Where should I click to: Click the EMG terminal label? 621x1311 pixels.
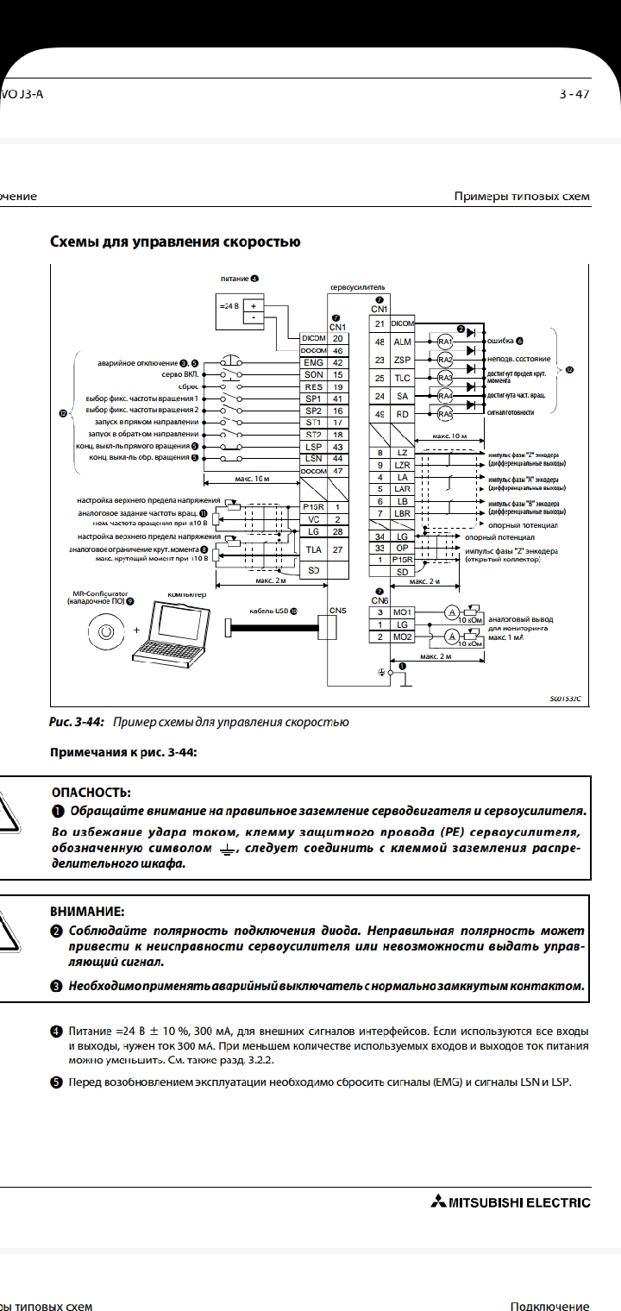tap(313, 363)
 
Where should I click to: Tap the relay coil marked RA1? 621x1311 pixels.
tap(445, 342)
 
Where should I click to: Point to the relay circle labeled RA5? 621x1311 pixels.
tap(445, 414)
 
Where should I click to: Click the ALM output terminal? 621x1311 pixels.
tap(402, 342)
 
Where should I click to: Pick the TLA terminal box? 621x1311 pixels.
tap(313, 549)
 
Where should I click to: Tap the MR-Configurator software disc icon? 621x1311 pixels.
tap(105, 632)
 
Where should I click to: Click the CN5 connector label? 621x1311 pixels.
tap(338, 612)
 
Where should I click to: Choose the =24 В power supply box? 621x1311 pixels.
tap(240, 311)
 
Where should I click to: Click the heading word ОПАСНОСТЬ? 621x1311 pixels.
tap(91, 792)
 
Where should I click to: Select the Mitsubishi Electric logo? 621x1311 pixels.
tap(509, 1202)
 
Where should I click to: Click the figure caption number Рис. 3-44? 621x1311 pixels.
tap(79, 721)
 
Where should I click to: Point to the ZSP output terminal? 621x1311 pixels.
tap(402, 360)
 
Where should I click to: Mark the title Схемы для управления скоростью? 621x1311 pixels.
tap(175, 241)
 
